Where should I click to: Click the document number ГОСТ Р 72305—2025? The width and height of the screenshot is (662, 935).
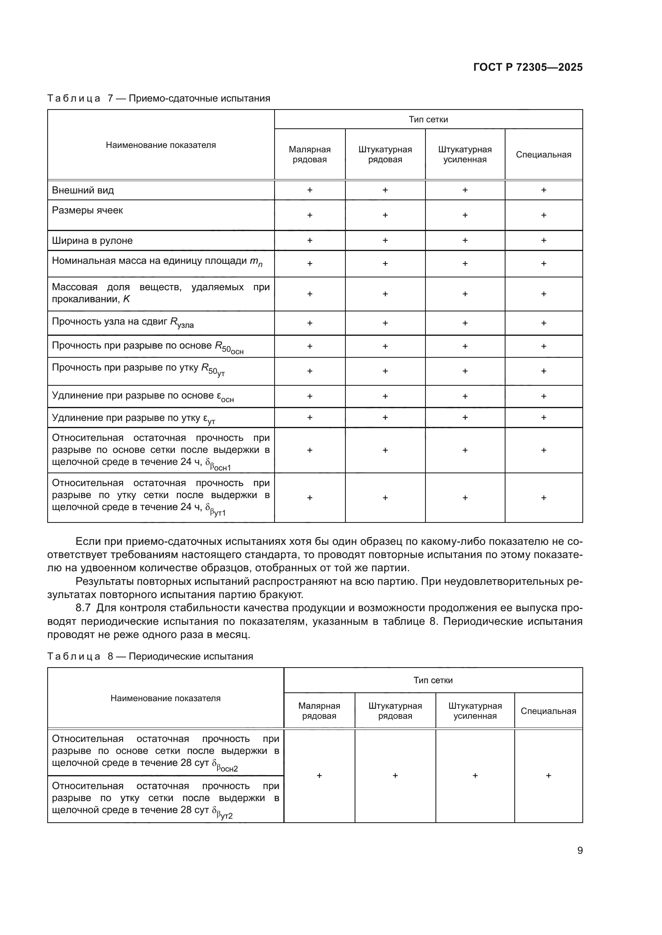coord(528,67)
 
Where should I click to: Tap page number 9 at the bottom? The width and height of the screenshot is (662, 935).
coord(580,850)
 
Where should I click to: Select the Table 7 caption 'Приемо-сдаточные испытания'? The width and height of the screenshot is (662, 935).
coord(199,99)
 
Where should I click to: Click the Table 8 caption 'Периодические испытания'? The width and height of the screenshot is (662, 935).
coord(191,656)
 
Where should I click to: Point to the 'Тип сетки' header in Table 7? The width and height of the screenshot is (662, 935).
coord(428,119)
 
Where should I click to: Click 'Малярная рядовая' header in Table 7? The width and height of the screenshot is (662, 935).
coord(309,154)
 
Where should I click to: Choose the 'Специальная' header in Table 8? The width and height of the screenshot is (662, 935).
coord(548,711)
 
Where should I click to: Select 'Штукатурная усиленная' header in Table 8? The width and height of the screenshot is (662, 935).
coord(475,711)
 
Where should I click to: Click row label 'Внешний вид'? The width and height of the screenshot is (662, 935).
coord(83,190)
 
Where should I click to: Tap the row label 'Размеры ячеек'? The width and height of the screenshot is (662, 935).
coord(87,211)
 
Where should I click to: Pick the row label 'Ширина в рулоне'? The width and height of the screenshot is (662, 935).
coord(92,241)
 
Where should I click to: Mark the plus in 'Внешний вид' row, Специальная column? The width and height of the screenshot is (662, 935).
coord(544,190)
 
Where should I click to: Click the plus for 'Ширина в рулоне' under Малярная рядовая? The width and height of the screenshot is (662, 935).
coord(309,240)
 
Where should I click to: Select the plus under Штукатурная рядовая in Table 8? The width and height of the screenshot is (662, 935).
coord(395,776)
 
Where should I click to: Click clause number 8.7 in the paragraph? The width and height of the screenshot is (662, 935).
coord(83,608)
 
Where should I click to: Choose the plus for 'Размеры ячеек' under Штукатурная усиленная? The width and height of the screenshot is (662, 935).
coord(465,215)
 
